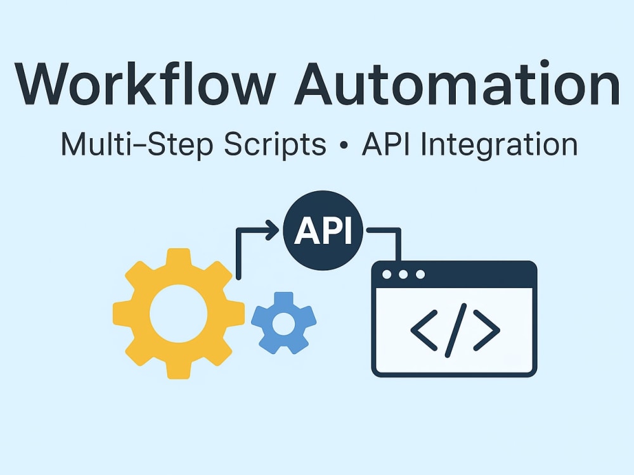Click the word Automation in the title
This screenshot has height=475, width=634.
(457, 84)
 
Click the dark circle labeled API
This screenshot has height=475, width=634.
(323, 231)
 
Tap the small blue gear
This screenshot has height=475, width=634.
(284, 324)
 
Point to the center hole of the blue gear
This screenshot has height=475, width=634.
(284, 324)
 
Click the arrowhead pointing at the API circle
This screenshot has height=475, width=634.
(273, 231)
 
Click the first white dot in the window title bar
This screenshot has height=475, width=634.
(387, 275)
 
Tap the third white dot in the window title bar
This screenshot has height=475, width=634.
(420, 275)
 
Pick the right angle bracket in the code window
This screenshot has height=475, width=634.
(487, 331)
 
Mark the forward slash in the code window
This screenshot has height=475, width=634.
(456, 331)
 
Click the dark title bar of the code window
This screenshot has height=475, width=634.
(454, 275)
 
